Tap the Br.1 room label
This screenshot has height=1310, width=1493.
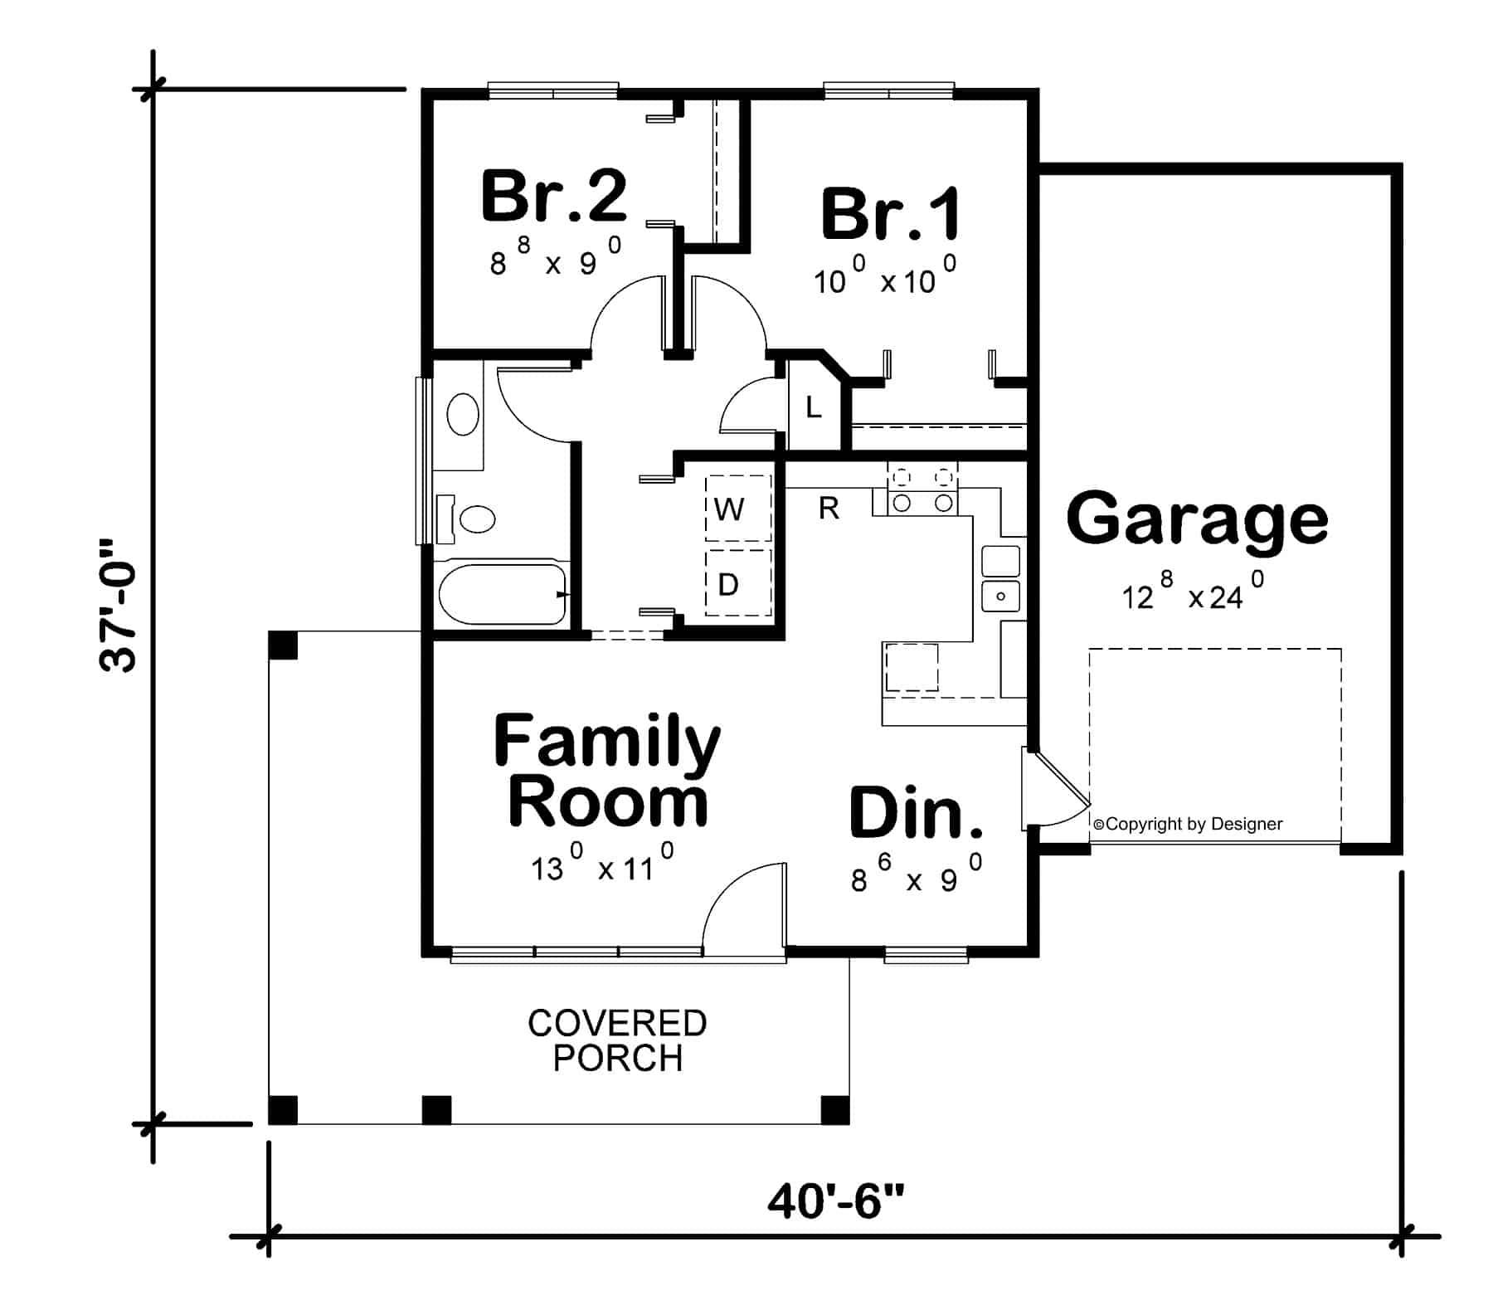(891, 214)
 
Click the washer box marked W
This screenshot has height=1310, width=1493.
(737, 509)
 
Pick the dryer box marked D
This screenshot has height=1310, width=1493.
(737, 584)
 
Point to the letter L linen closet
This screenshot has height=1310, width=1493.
(814, 407)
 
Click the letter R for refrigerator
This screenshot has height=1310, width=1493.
(828, 508)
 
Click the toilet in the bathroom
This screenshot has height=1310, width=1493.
(474, 519)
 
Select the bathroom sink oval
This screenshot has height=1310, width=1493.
(462, 414)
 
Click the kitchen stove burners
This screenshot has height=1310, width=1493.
(922, 489)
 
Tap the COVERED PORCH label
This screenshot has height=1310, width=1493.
(617, 1040)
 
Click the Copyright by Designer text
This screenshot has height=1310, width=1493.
(1188, 824)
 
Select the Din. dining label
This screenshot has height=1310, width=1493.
(916, 812)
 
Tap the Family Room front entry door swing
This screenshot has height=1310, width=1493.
(742, 904)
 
